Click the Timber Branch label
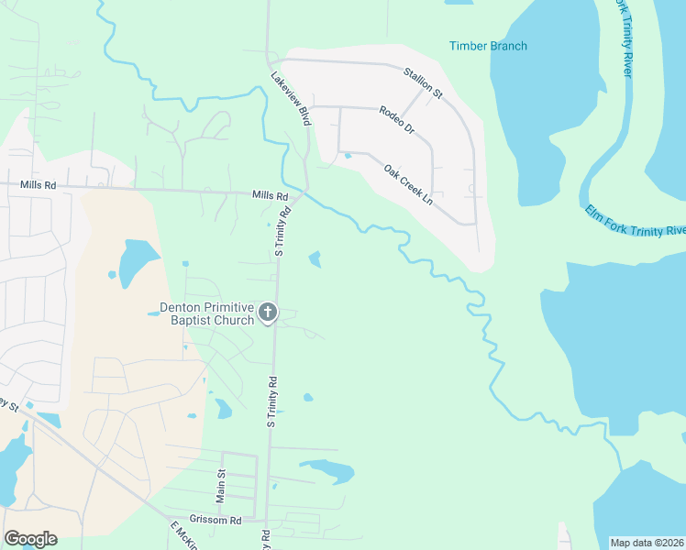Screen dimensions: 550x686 coord(488,46)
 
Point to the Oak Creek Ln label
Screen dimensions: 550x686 coord(408,183)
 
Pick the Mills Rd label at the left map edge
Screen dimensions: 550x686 coord(38,185)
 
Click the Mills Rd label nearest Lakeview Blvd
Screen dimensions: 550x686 coord(271,196)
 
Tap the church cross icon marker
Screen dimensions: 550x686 coord(268,313)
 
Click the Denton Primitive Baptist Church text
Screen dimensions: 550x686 coord(206,313)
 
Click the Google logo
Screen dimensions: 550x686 coord(30,539)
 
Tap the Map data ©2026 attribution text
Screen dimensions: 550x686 coord(647,543)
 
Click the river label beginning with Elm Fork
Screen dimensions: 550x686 coord(636,219)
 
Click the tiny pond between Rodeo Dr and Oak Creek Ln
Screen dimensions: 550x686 coord(347,156)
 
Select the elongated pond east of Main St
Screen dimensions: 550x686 coord(327,469)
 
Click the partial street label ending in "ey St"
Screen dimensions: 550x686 coord(9,403)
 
